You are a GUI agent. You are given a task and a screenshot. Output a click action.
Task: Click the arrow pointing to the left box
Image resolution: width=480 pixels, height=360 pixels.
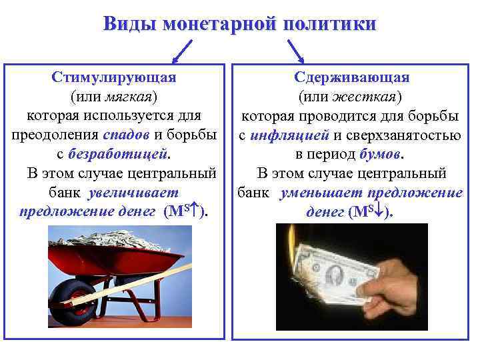182,51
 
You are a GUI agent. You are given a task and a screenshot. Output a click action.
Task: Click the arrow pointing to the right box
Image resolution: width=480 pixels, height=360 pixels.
296,51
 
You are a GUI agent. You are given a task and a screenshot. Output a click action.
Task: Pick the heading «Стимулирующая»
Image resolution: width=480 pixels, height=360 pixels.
114,77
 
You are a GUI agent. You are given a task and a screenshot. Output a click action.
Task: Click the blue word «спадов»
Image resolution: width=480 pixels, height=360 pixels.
127,135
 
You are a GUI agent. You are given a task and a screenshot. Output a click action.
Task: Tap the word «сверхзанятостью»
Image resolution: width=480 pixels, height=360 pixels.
405,135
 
